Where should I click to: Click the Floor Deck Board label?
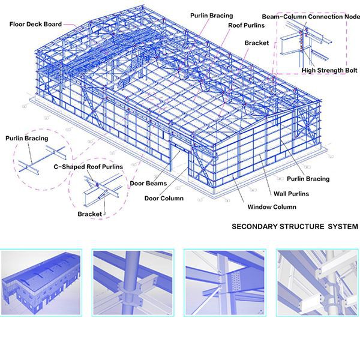tap(35, 24)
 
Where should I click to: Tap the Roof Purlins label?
tap(246, 25)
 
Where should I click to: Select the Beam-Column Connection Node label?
tap(311, 17)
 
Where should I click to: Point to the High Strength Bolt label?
tap(329, 70)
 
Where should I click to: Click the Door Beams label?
tap(148, 183)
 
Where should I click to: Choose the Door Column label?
tap(164, 198)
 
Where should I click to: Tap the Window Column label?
tap(272, 207)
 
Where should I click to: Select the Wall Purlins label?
tap(291, 194)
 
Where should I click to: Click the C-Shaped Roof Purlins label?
tap(88, 167)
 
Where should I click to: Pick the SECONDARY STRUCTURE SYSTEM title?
tap(295, 227)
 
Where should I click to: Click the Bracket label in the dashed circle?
tap(89, 214)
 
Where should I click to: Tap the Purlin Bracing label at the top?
tap(211, 16)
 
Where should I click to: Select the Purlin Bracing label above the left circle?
tap(26, 138)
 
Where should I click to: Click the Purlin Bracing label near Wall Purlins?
tap(308, 179)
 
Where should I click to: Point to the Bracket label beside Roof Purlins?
tap(256, 43)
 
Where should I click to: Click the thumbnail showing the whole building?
tap(41, 283)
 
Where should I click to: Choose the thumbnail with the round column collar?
tap(133, 283)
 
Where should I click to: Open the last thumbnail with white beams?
tap(317, 283)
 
